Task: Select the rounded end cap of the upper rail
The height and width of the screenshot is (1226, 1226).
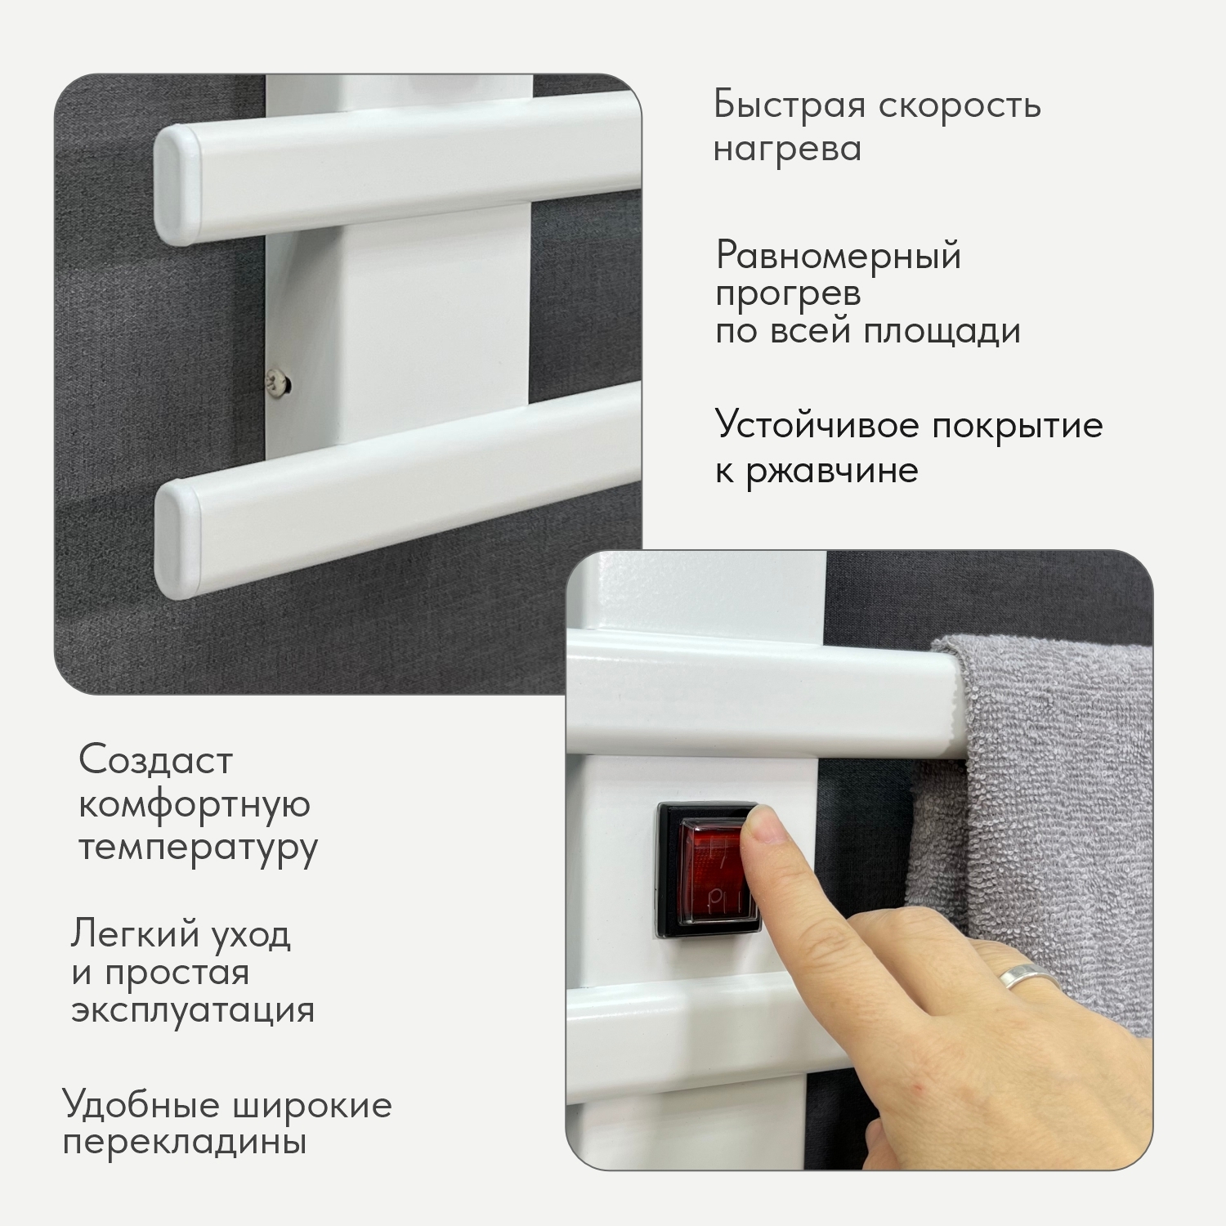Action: point(178,186)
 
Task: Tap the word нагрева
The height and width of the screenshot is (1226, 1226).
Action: point(787,150)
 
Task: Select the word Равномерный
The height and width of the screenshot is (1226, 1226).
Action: point(839,257)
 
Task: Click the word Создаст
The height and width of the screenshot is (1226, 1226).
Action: point(156,760)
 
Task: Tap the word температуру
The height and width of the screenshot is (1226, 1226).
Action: point(198,848)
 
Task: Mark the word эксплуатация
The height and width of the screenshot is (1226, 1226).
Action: point(193,1010)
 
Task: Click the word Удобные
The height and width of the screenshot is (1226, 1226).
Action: point(141,1106)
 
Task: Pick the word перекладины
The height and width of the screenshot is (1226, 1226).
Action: point(185,1143)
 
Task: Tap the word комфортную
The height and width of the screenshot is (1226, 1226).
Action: point(195,804)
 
